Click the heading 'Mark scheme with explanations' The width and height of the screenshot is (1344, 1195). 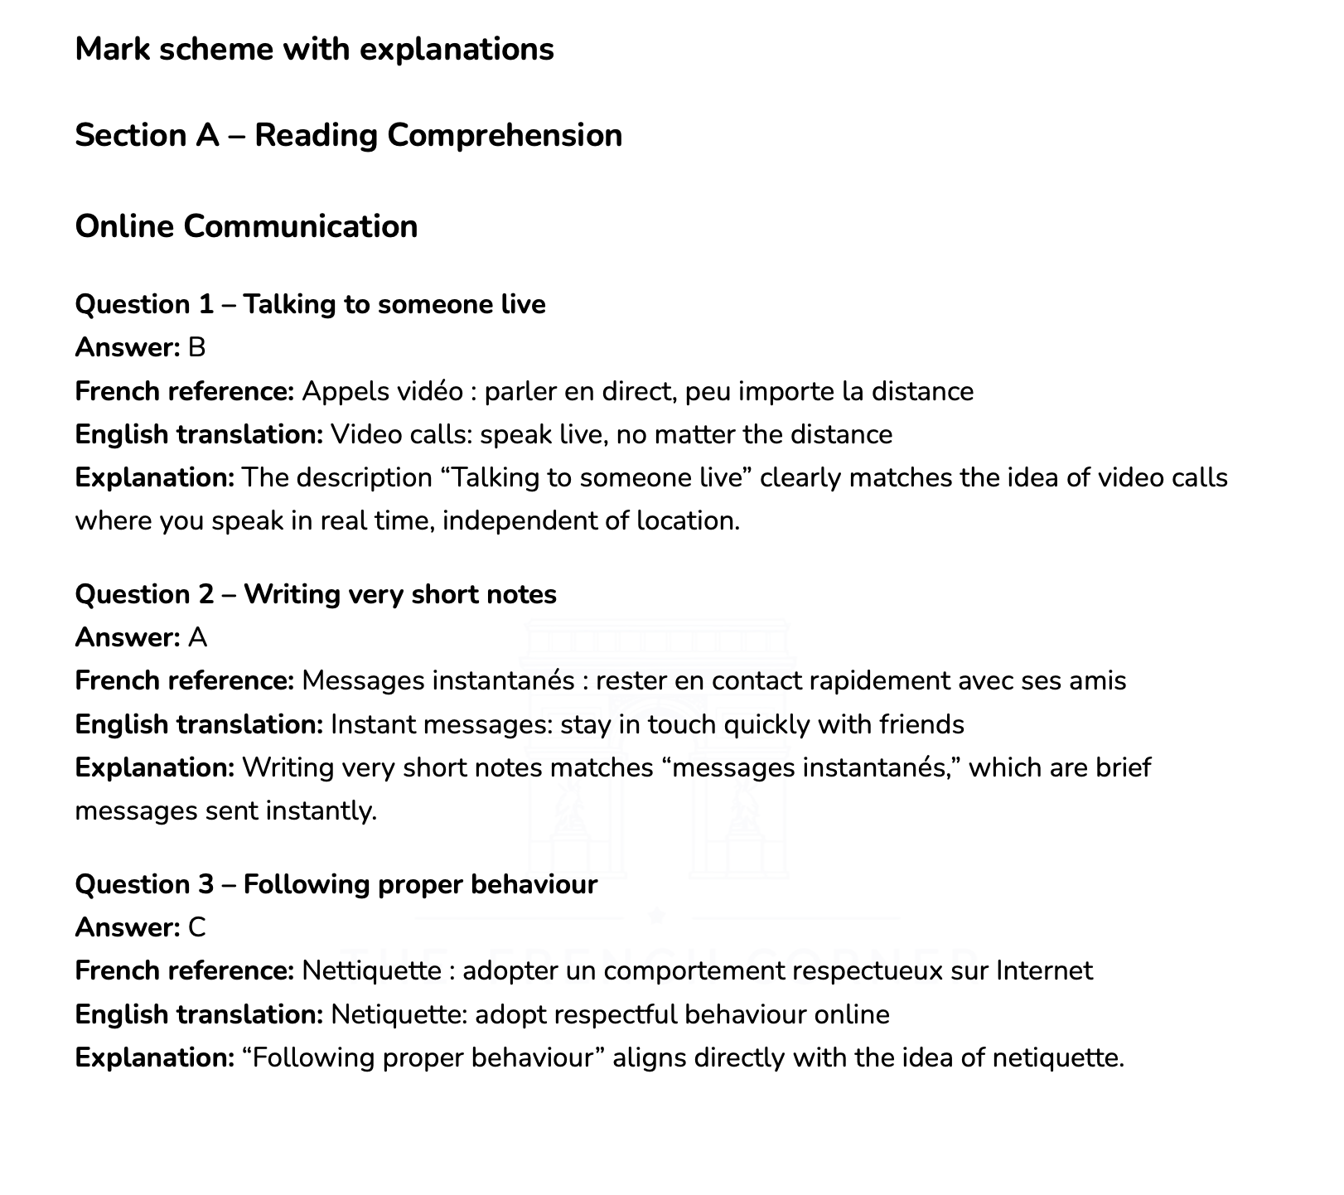[x=314, y=50]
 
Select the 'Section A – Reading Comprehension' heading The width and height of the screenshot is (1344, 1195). [x=348, y=135]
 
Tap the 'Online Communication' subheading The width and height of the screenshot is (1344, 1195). [x=246, y=226]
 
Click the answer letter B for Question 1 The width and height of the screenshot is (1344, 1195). [x=196, y=347]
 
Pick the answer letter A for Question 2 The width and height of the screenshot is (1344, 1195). [x=197, y=637]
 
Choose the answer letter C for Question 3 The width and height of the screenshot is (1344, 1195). [x=196, y=927]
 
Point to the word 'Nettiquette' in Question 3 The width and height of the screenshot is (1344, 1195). [x=371, y=970]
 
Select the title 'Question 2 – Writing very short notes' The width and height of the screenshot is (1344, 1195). [x=316, y=594]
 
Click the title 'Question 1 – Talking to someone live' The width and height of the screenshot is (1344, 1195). [x=310, y=304]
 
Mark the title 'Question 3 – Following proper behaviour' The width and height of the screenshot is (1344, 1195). [x=336, y=884]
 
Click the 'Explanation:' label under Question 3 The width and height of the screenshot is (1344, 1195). [x=155, y=1057]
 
